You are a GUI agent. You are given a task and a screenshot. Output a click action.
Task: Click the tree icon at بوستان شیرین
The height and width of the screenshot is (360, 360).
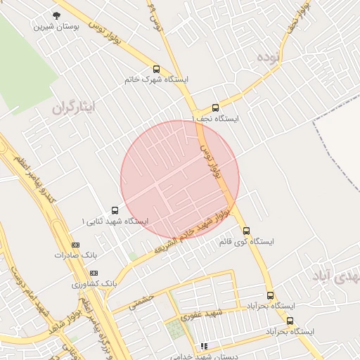[x=56, y=15]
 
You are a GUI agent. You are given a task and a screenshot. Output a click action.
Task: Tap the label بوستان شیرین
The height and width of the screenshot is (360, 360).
[x=56, y=26]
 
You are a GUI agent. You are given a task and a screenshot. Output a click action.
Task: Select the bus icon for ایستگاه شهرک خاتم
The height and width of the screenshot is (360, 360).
[x=156, y=69]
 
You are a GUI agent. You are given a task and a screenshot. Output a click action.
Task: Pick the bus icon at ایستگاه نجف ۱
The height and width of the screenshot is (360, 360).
[x=215, y=108]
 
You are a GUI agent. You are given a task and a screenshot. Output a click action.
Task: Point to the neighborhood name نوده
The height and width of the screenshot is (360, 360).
[x=269, y=56]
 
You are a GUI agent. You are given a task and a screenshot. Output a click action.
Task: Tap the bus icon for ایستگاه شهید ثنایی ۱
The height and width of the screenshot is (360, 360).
[x=115, y=210]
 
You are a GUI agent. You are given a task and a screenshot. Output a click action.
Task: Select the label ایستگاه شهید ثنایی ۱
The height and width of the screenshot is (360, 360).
[x=115, y=221]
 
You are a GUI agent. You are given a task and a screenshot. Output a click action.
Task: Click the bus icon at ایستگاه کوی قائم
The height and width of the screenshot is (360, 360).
[x=246, y=231]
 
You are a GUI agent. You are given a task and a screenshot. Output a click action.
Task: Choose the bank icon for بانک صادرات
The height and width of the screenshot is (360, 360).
[x=75, y=244]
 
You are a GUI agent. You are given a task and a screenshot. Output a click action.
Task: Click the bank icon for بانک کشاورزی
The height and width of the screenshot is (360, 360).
[x=94, y=273]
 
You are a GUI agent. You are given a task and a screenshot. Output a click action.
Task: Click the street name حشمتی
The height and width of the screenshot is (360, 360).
[x=141, y=301]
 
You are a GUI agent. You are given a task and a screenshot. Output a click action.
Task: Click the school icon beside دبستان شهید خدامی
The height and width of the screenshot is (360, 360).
[x=204, y=346]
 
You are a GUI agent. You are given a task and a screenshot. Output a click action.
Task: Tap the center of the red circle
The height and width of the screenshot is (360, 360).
[x=180, y=180]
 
